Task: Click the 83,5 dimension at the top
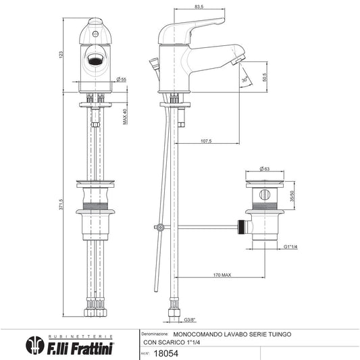[x=199, y=7]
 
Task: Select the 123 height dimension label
[x=61, y=55]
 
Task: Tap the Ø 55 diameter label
[x=121, y=80]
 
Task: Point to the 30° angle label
[x=245, y=80]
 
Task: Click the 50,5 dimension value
[x=265, y=77]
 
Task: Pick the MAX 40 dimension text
[x=125, y=117]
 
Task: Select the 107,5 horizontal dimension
[x=206, y=141]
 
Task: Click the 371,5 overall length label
[x=61, y=205]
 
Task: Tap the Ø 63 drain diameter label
[x=265, y=169]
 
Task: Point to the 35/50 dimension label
[x=292, y=196]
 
